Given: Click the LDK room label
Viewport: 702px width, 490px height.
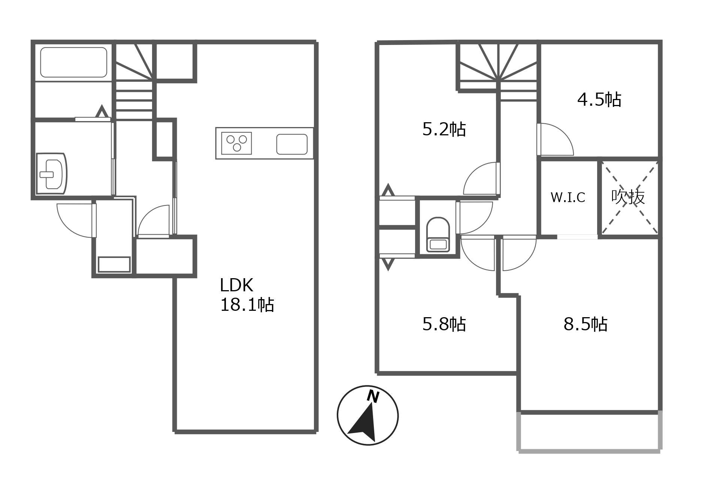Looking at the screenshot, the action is click(236, 285).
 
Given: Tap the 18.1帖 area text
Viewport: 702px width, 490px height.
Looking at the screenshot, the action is click(247, 305).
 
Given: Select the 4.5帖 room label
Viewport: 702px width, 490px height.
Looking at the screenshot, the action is click(599, 100).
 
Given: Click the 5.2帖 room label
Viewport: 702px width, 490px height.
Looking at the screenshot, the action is click(444, 129).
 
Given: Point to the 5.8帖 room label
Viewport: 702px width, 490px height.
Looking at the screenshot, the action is click(444, 324).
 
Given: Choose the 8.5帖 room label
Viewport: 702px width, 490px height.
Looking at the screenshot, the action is click(585, 324).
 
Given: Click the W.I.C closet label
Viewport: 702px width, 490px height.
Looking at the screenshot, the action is click(568, 197).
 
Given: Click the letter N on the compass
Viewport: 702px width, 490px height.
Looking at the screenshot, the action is click(373, 396).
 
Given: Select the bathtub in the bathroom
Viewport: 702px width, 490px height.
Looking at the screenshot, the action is click(74, 62).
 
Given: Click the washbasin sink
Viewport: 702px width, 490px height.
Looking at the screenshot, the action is click(51, 174).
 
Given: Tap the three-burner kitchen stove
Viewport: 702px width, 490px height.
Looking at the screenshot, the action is click(236, 143).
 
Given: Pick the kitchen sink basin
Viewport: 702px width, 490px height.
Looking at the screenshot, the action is click(292, 144).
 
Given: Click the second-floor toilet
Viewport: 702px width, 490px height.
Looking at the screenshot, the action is click(438, 234).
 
